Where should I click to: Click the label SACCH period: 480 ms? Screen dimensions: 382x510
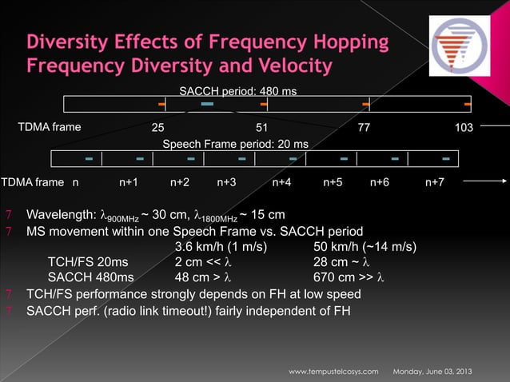(237, 91)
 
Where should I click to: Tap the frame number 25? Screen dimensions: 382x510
(158, 127)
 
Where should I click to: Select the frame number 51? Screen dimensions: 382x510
(261, 127)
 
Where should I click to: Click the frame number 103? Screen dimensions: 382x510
(464, 127)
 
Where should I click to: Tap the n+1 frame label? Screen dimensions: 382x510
(129, 183)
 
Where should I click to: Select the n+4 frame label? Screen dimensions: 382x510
(281, 183)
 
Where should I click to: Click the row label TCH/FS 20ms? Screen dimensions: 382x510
(86, 261)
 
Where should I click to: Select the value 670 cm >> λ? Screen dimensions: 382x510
(349, 277)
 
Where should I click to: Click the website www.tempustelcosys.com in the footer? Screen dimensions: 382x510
(333, 372)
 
